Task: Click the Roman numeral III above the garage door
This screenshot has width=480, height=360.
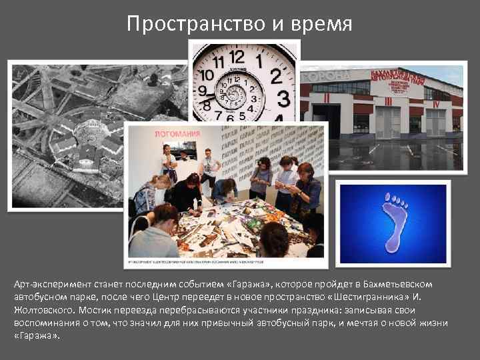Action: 388,101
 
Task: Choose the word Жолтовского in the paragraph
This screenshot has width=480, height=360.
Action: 43,310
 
